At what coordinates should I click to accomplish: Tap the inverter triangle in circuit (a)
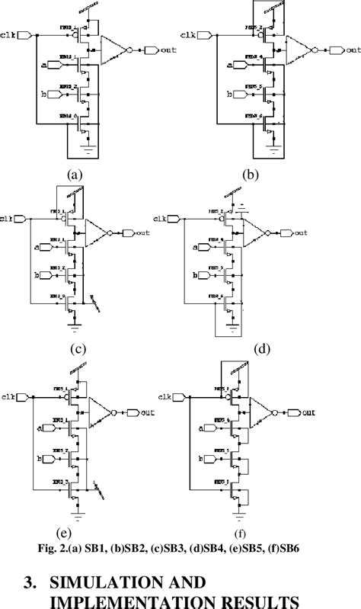(x=114, y=50)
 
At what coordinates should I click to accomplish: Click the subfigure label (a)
(x=74, y=174)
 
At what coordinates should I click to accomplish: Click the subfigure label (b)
(x=250, y=174)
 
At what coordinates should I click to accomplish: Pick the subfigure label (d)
(x=260, y=350)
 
